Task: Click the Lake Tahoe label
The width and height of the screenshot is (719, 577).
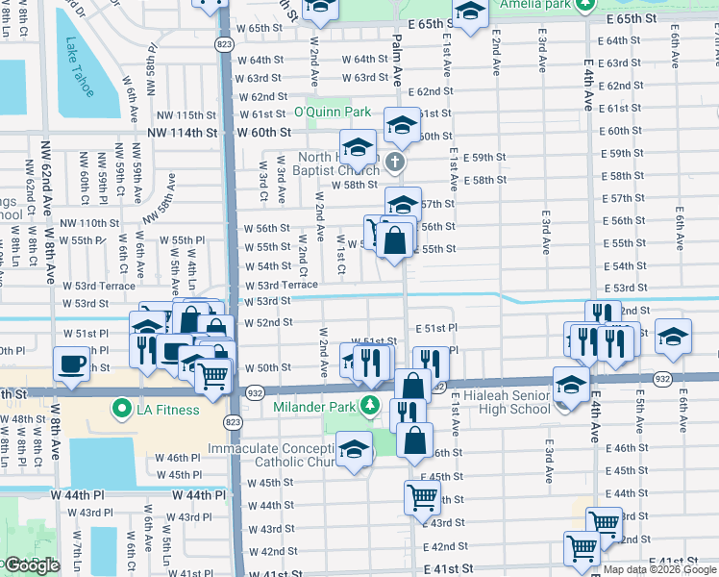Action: (x=80, y=67)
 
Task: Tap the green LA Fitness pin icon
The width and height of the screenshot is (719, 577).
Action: (x=121, y=410)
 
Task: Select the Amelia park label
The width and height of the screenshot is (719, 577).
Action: (x=533, y=4)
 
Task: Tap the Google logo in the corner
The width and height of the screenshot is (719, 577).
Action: (x=31, y=565)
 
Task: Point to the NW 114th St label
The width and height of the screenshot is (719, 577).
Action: (x=190, y=132)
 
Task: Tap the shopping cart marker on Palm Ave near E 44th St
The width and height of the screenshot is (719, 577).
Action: (x=422, y=497)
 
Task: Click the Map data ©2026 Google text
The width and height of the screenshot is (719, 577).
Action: (x=660, y=569)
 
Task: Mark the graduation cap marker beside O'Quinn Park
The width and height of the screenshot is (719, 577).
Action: (x=403, y=124)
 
